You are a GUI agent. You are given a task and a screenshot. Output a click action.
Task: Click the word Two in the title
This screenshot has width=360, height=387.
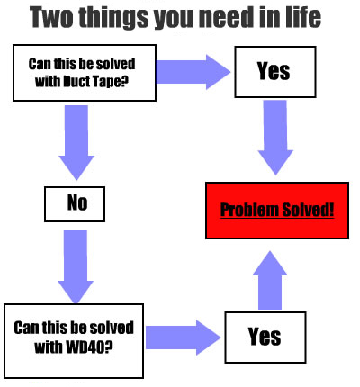pos(51,17)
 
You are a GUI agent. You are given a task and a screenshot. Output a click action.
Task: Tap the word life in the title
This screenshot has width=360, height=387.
pos(303,17)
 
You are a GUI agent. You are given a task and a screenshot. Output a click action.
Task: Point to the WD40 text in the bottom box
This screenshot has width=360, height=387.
pos(85,346)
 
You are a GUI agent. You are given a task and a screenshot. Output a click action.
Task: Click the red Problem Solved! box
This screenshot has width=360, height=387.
pos(277,211)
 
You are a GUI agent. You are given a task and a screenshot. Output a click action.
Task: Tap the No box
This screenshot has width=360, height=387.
pos(75,204)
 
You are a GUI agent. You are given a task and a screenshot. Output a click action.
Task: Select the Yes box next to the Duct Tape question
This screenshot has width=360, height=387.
pos(275,72)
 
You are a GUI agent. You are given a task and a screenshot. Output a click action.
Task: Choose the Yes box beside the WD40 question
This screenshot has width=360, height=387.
pos(265,337)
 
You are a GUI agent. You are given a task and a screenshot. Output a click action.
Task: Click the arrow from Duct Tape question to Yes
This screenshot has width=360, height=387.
pos(193,72)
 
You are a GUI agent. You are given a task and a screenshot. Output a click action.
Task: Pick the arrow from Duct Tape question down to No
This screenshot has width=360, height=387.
pos(76,142)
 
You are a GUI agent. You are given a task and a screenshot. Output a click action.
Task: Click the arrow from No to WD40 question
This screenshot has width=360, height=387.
pos(76,267)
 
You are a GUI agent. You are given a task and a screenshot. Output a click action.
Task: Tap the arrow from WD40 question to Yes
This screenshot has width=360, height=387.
pos(184,337)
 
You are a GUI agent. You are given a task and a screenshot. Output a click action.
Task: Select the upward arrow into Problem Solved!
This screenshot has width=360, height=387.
pos(270,280)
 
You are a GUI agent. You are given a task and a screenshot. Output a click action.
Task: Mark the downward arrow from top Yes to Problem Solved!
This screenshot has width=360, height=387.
pos(275,138)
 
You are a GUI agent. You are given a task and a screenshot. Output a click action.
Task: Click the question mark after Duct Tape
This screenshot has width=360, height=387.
pos(125,81)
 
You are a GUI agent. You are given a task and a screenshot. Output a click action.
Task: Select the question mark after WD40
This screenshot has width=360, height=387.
pos(109,346)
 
